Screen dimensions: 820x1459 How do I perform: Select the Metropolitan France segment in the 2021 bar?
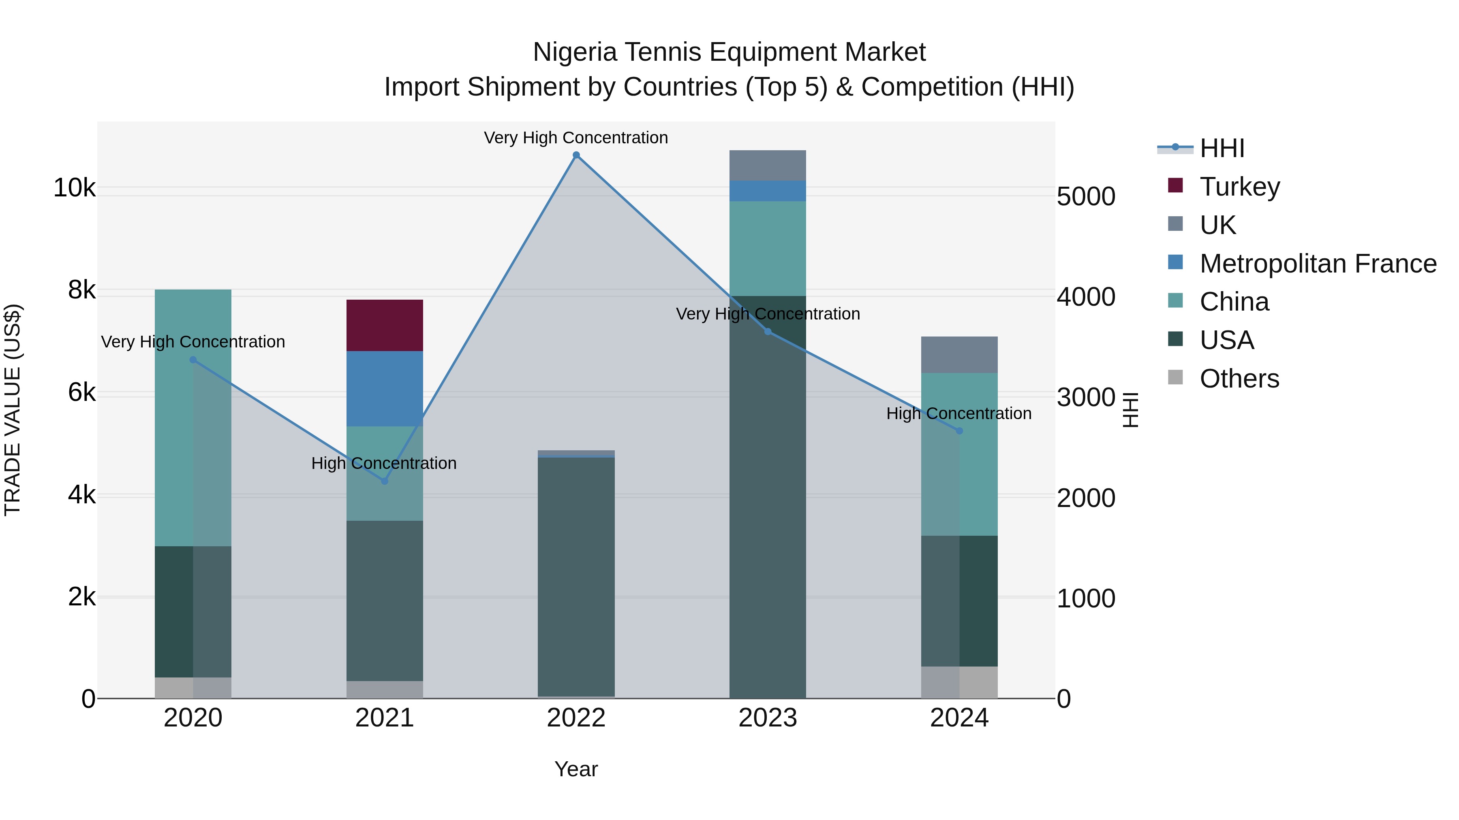click(385, 388)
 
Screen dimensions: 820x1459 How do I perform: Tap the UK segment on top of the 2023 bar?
click(768, 165)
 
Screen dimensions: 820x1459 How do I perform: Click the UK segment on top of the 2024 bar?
click(959, 354)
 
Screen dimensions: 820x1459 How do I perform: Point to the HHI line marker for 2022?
click(576, 155)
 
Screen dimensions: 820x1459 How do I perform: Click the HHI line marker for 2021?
click(385, 481)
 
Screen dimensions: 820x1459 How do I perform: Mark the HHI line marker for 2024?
click(959, 431)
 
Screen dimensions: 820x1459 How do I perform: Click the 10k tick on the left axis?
click(74, 187)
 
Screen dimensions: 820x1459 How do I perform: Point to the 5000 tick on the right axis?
click(1086, 196)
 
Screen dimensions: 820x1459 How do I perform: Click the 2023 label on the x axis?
click(768, 718)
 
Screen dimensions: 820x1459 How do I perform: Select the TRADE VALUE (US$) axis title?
click(13, 410)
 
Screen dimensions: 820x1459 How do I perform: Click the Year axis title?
click(576, 769)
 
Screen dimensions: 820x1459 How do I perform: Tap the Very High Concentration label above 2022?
click(576, 138)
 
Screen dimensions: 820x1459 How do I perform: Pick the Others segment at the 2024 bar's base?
click(959, 682)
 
